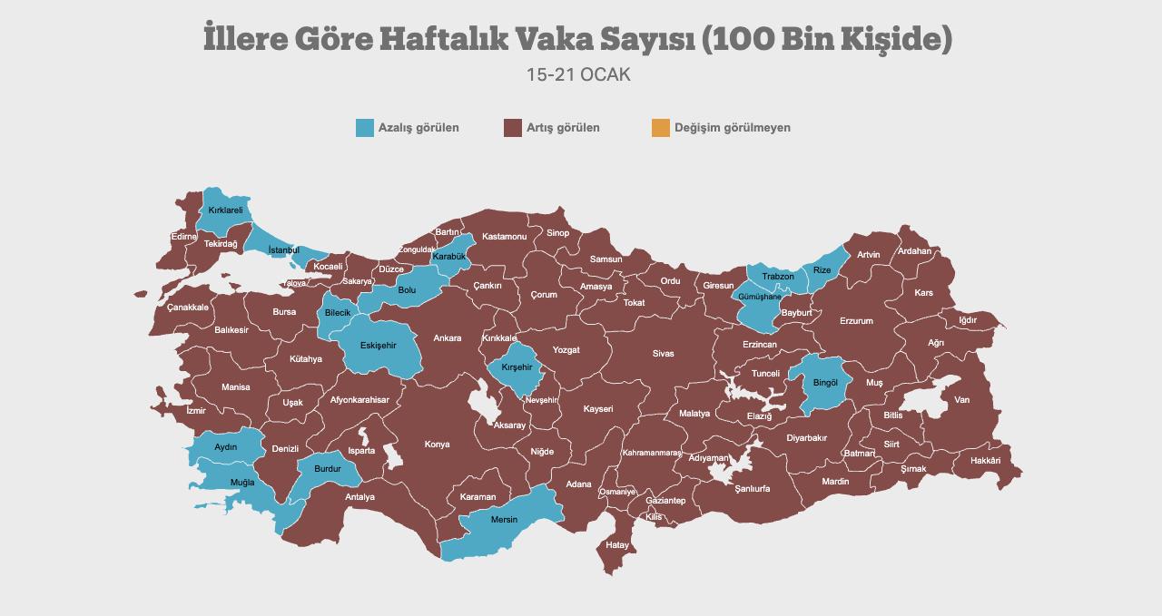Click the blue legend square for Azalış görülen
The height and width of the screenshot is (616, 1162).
(365, 128)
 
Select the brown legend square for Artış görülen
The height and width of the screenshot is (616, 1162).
(512, 128)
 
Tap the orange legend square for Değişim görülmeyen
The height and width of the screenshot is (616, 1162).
(660, 128)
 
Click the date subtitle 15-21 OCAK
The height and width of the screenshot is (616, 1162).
(578, 75)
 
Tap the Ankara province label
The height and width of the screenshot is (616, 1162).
(447, 338)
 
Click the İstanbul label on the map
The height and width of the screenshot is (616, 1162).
(283, 250)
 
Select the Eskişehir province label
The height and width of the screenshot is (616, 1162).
(378, 346)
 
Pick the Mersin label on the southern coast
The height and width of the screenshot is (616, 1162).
(504, 520)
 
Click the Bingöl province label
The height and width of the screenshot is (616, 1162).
(825, 383)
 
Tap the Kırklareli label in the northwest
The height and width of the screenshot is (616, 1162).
(225, 210)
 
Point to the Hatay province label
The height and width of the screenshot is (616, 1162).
(617, 545)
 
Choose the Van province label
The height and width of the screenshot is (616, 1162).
(961, 400)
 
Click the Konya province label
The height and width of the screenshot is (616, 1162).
(437, 445)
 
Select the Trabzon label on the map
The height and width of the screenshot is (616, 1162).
(778, 277)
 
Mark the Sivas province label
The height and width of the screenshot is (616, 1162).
(663, 354)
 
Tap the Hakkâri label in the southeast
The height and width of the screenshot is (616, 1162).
(985, 461)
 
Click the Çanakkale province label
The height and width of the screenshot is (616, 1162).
(188, 308)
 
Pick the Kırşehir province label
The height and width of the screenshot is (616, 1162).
(517, 367)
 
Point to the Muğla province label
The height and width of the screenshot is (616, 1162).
(242, 482)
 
